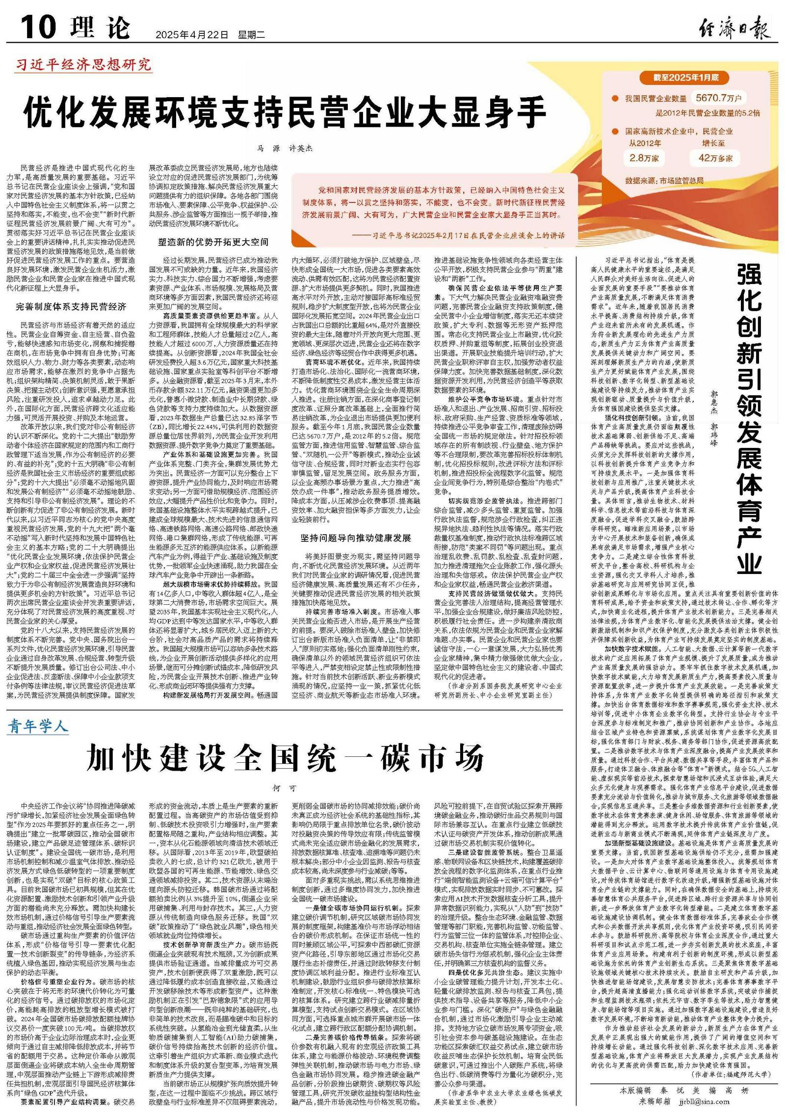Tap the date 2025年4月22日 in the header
[192, 35]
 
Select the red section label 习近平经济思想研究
[83, 65]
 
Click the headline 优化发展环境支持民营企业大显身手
[285, 112]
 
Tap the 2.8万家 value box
[644, 157]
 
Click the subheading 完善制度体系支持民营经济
[71, 307]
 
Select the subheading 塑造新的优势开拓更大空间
[213, 242]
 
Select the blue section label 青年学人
[37, 726]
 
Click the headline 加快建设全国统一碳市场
[285, 758]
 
